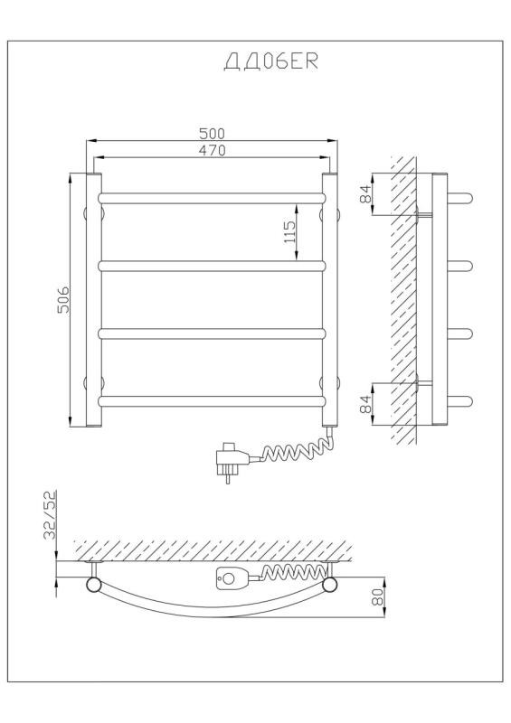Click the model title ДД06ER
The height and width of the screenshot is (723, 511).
(x=271, y=61)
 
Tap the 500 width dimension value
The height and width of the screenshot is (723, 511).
(x=212, y=133)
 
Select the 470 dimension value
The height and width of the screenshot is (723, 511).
(x=212, y=150)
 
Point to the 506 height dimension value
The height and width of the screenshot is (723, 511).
(x=62, y=300)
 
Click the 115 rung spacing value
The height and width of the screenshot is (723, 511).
(x=289, y=232)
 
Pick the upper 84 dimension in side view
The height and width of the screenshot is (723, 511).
(x=365, y=193)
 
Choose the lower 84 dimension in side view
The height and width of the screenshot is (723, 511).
(x=365, y=404)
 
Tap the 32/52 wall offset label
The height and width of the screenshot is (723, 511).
(x=50, y=514)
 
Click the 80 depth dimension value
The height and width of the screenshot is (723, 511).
(x=377, y=596)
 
